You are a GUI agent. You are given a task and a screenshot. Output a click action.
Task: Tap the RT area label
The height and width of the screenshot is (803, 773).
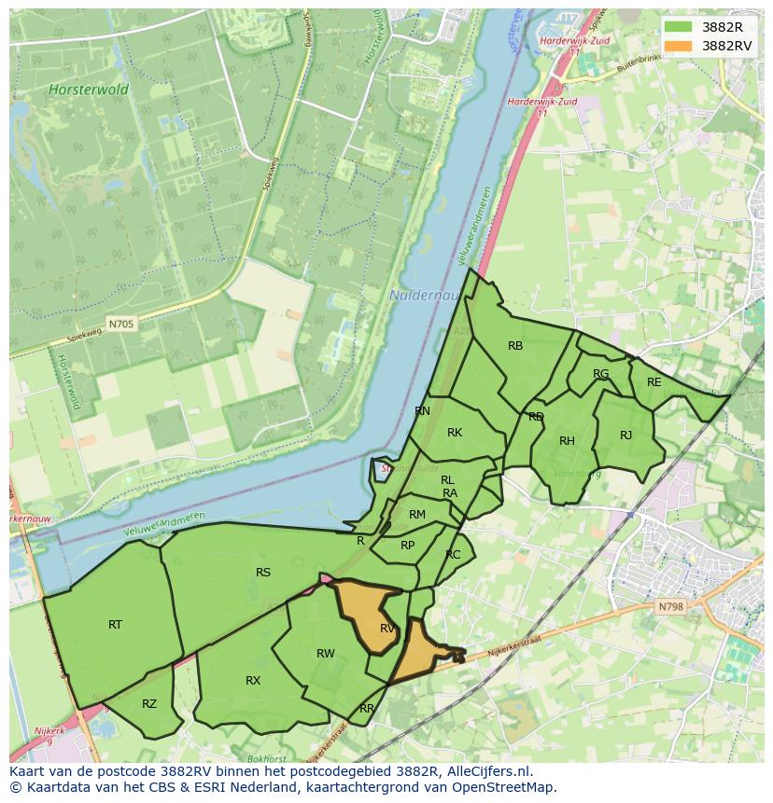click(115, 625)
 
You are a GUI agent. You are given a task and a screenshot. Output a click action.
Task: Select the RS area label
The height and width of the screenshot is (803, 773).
click(263, 573)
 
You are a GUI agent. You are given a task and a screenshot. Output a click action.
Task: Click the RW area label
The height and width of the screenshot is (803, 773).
click(325, 654)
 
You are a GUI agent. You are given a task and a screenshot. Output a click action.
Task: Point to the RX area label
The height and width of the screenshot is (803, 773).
click(253, 681)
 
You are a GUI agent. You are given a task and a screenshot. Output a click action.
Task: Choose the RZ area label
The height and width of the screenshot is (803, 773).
click(149, 704)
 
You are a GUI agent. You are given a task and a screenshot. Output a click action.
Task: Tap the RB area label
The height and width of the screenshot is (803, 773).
click(515, 346)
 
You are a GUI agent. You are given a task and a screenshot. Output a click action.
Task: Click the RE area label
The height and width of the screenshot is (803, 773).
click(654, 382)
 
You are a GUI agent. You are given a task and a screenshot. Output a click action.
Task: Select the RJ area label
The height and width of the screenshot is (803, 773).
click(625, 436)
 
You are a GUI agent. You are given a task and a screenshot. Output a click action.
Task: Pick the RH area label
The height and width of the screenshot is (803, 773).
click(567, 441)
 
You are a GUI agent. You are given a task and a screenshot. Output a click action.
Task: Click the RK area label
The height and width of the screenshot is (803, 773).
click(455, 433)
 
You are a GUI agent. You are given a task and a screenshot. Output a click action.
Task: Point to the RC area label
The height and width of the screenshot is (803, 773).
click(453, 555)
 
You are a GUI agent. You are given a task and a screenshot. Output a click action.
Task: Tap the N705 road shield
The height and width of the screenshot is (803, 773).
click(120, 325)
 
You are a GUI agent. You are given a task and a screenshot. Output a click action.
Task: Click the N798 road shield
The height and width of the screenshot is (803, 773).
click(670, 606)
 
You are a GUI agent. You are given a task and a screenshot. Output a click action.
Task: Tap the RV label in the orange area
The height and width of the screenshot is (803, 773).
click(387, 629)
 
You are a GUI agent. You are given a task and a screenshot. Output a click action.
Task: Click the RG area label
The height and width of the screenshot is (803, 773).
click(600, 374)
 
